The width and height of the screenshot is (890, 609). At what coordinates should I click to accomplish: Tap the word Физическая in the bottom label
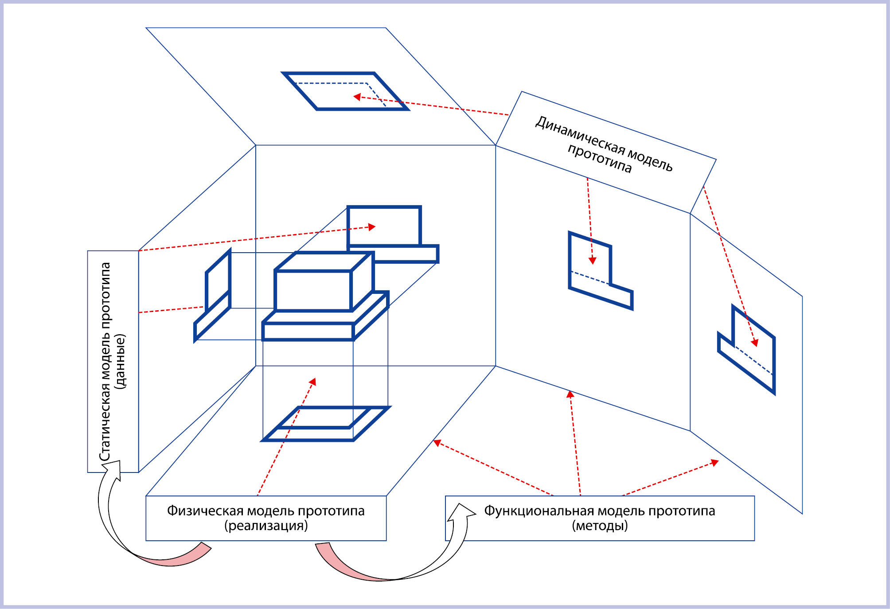205,511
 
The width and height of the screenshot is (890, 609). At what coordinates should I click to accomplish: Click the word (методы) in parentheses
600,526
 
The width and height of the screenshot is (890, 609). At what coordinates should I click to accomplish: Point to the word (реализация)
266,526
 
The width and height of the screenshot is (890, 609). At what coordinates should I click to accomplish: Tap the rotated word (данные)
120,362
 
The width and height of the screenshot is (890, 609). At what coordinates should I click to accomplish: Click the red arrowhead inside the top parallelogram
357,97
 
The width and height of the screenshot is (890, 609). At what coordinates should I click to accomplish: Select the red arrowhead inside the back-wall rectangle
372,227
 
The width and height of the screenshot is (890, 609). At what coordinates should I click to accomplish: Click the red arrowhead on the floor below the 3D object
313,382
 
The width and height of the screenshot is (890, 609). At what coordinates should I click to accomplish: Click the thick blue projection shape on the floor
326,424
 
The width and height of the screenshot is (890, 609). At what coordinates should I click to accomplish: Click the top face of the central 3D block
324,262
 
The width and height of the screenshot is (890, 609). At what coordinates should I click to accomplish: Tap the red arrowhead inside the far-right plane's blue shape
754,343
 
